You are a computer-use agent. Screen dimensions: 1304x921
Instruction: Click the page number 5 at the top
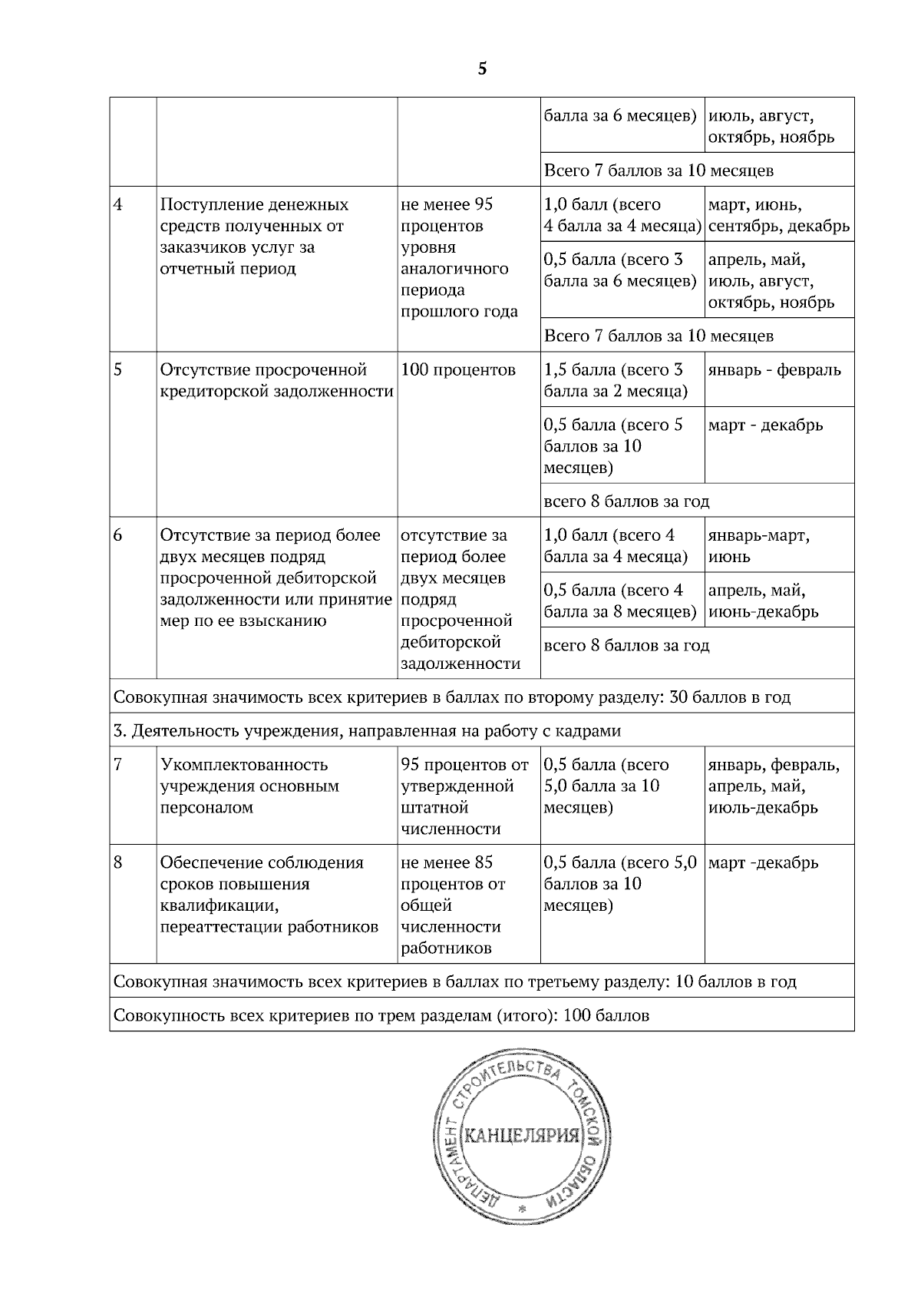(x=482, y=69)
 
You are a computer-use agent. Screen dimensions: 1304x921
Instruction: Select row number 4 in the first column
(x=118, y=205)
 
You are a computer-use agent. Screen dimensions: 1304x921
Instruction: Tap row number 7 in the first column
(x=118, y=765)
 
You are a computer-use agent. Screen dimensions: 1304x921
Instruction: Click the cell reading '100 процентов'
(x=458, y=370)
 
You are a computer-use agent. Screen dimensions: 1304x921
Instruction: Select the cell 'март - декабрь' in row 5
(x=764, y=425)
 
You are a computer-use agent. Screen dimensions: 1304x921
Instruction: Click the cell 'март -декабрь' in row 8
(x=763, y=863)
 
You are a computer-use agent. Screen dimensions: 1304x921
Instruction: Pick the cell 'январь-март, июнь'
(x=758, y=545)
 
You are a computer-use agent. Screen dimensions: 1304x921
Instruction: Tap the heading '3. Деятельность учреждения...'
(x=367, y=731)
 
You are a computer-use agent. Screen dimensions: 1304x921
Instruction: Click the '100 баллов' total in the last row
(x=606, y=1016)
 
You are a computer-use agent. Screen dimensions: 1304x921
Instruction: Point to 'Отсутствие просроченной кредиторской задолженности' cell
(x=276, y=381)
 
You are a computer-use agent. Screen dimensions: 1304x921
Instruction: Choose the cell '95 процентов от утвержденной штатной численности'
(x=464, y=796)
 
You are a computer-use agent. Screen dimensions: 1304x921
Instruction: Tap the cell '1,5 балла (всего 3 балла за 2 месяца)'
(x=613, y=381)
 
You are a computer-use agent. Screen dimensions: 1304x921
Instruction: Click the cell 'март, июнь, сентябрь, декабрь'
(x=778, y=216)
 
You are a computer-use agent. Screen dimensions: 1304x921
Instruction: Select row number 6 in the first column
(x=118, y=535)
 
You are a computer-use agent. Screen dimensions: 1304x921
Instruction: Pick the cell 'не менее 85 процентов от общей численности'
(x=453, y=905)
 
